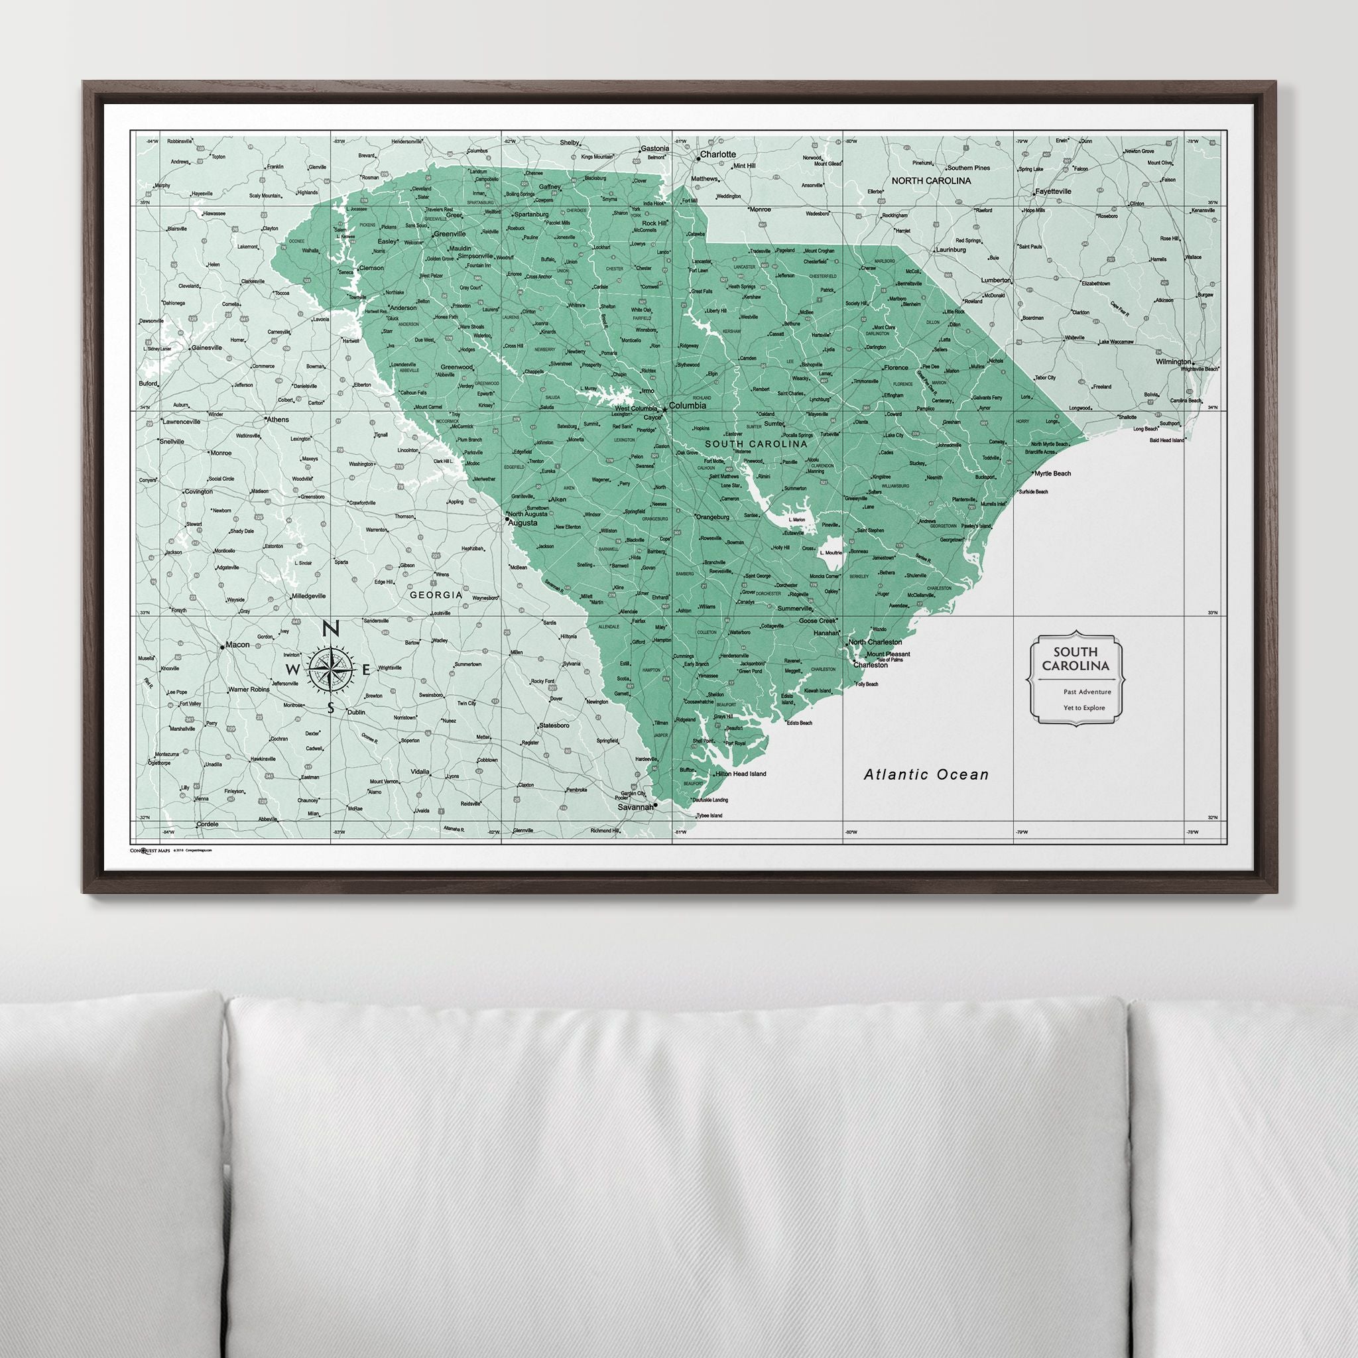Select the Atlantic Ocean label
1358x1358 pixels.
pyautogui.click(x=926, y=775)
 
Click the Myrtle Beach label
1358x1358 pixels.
pyautogui.click(x=1052, y=473)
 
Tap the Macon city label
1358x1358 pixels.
pyautogui.click(x=237, y=645)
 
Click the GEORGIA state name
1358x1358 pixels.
pyautogui.click(x=436, y=595)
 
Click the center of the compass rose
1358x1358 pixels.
pyautogui.click(x=330, y=669)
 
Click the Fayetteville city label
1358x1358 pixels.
pyautogui.click(x=1052, y=191)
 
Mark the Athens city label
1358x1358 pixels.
pyautogui.click(x=277, y=420)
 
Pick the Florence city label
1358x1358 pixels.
pyautogui.click(x=896, y=367)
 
